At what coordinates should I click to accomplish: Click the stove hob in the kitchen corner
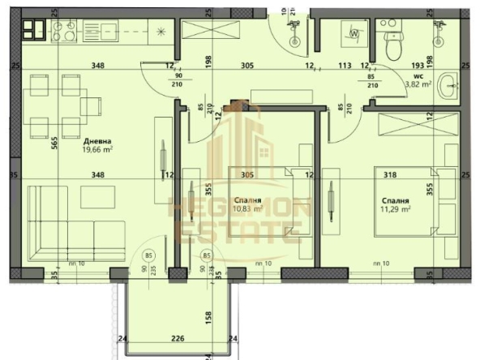(x=36, y=31)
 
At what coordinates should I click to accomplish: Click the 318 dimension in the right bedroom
(x=391, y=174)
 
